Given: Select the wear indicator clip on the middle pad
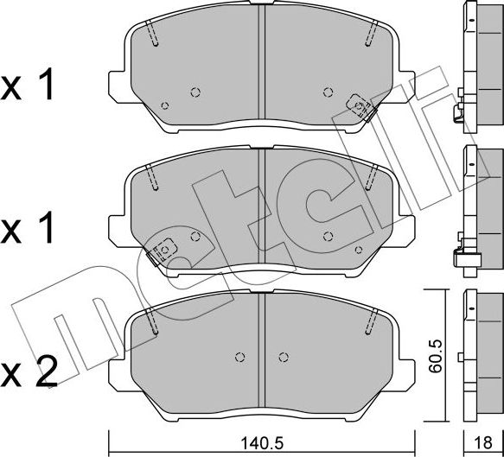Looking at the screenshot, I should pyautogui.click(x=160, y=250).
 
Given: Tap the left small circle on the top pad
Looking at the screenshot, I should pyautogui.click(x=195, y=92).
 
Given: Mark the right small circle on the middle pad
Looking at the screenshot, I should pyautogui.click(x=327, y=236).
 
